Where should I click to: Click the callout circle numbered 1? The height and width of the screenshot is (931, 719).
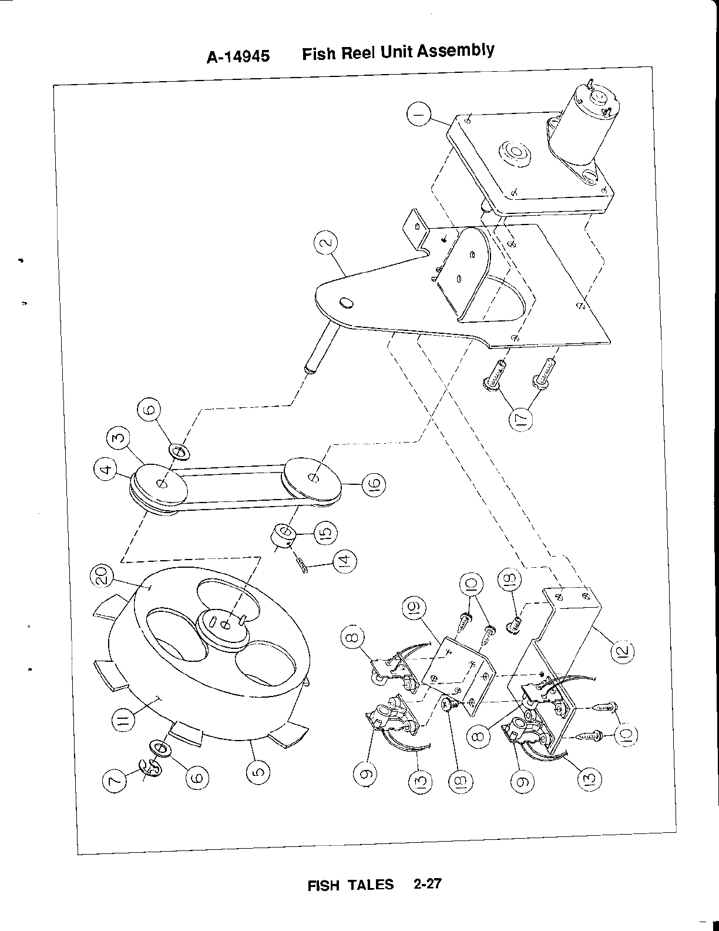tap(419, 116)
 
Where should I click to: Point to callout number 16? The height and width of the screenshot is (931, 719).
tap(375, 484)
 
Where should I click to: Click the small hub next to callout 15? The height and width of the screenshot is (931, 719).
tap(283, 535)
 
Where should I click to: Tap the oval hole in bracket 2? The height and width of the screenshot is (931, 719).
tap(346, 302)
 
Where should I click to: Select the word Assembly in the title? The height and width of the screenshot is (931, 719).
tap(456, 52)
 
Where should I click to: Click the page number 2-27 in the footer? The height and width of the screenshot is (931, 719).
tap(427, 883)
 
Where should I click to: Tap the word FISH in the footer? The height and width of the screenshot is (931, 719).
tap(324, 885)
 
